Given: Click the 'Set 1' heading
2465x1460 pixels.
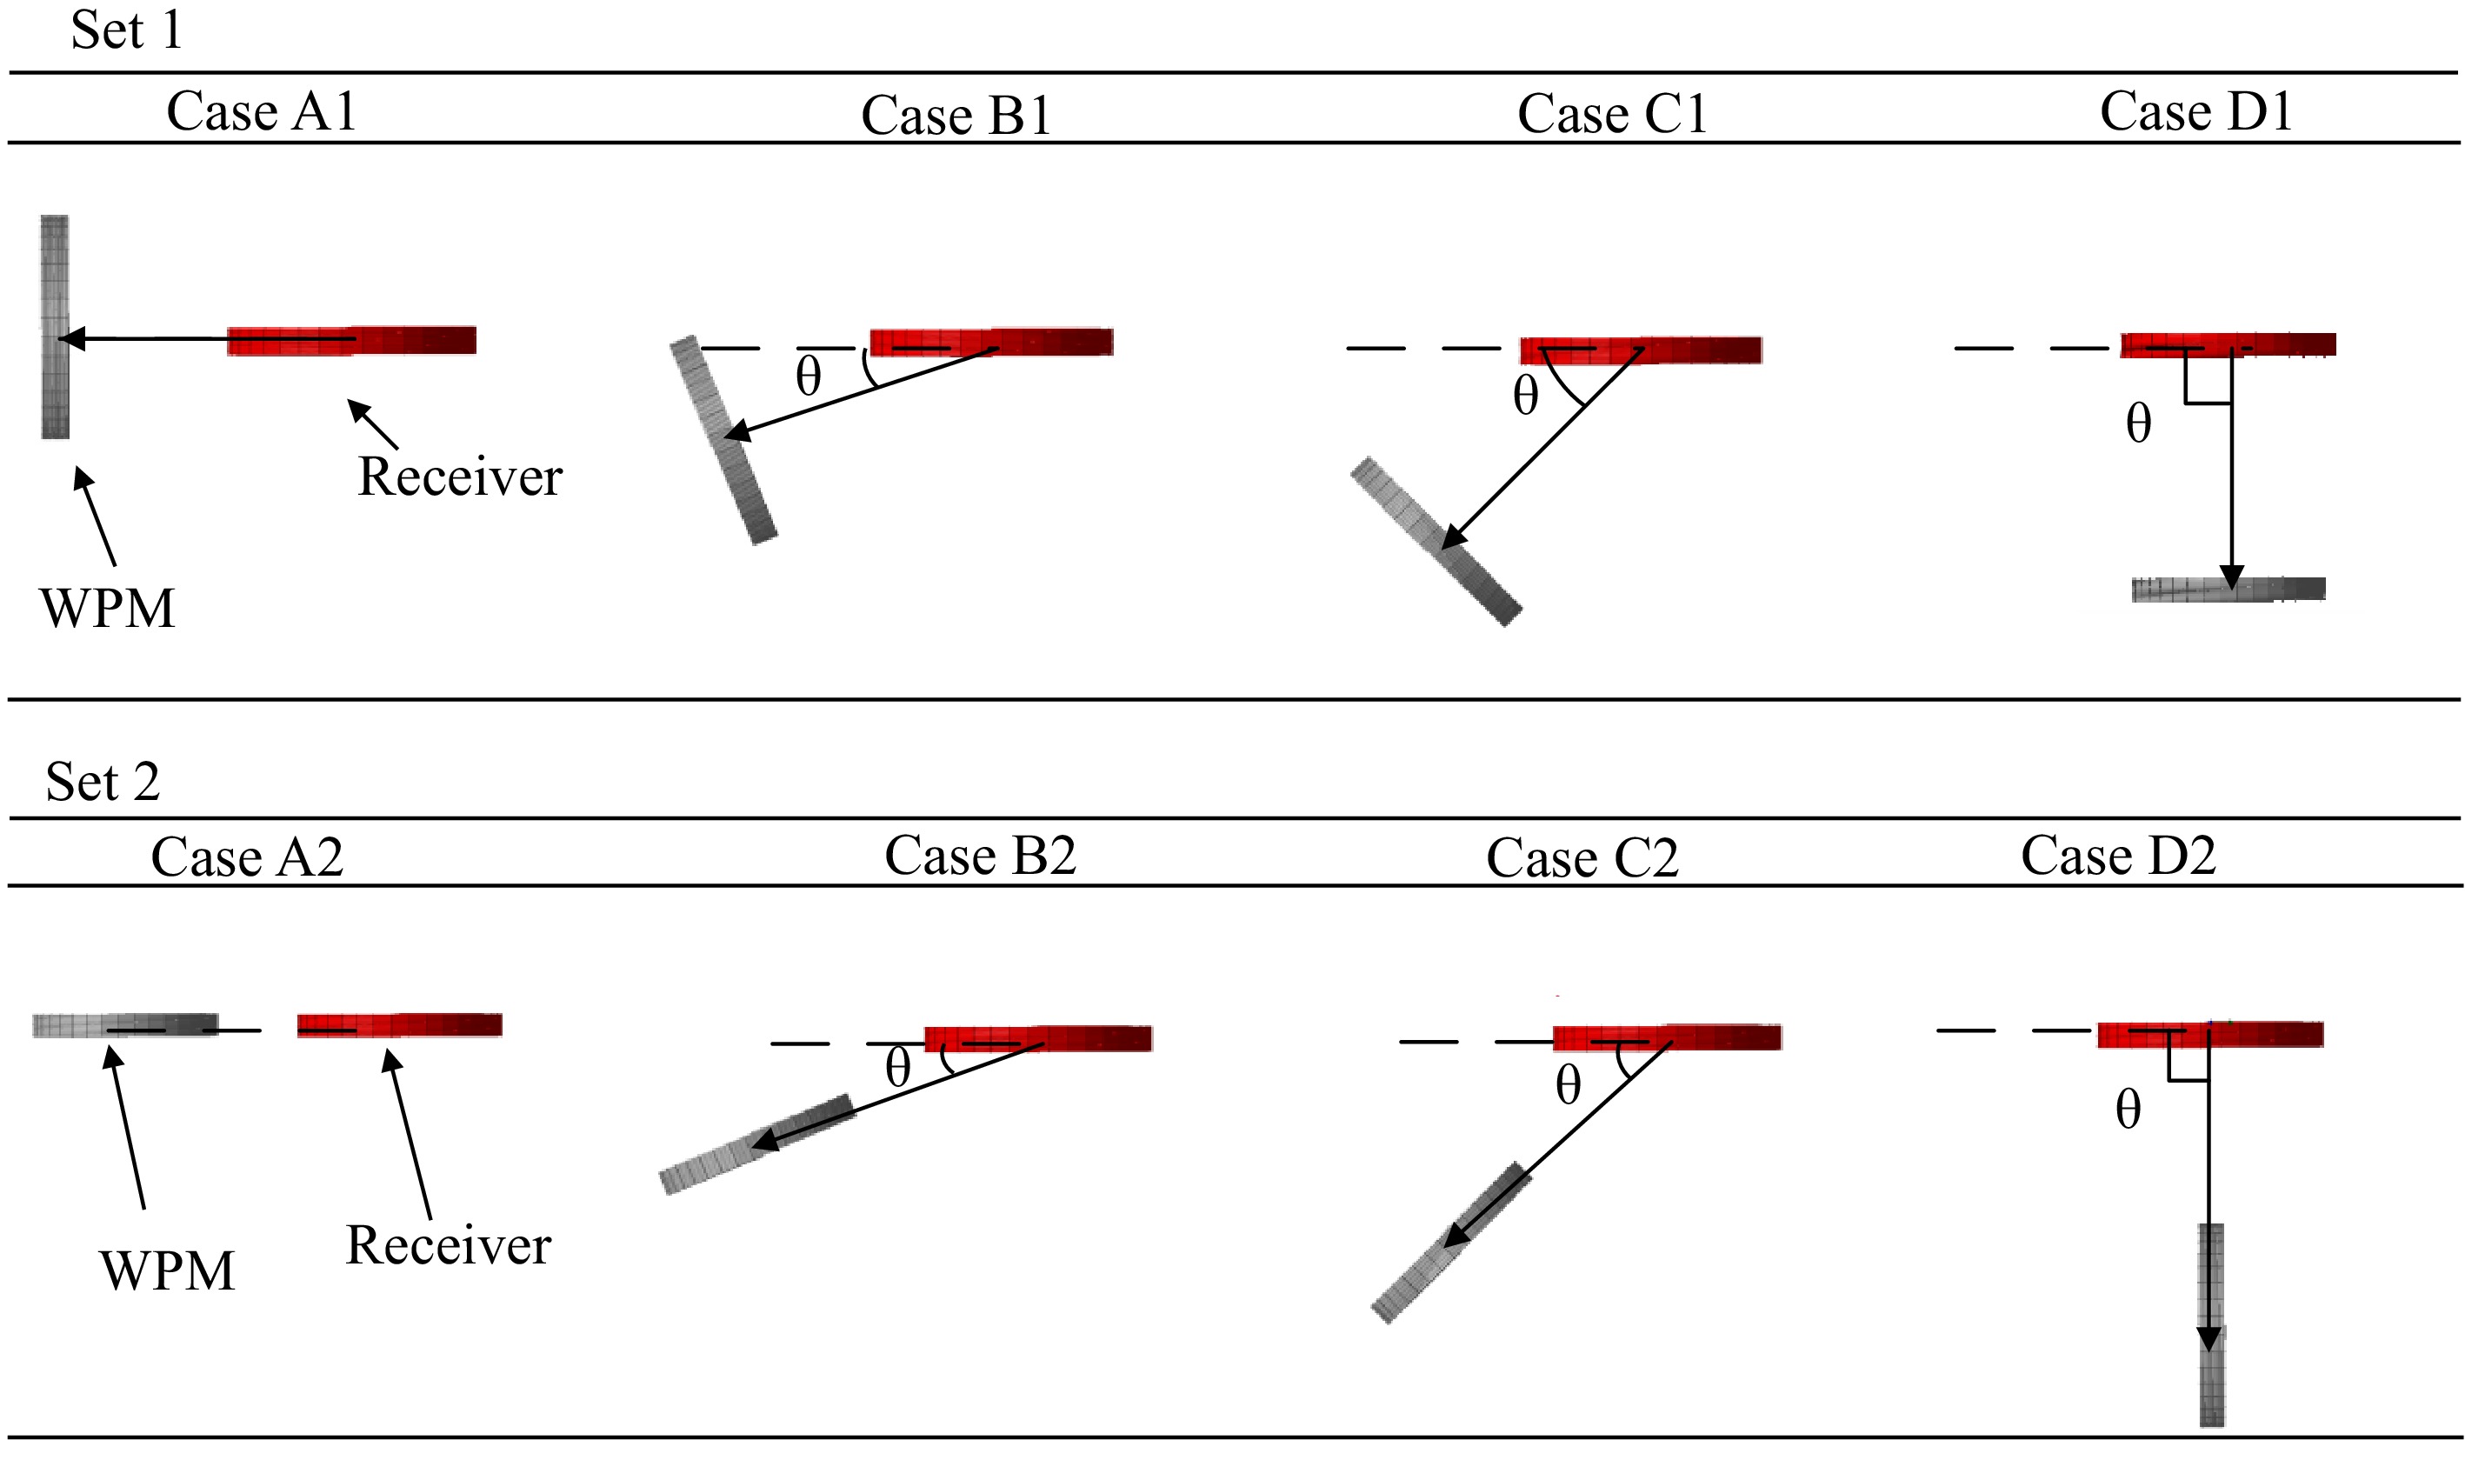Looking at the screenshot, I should [126, 30].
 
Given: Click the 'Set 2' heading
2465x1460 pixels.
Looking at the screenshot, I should [103, 782].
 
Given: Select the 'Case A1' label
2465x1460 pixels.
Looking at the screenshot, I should [261, 110].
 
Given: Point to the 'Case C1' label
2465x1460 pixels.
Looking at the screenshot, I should [1611, 113].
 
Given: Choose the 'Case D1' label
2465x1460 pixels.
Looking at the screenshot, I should [2195, 110].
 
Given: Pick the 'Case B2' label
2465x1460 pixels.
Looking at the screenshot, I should [980, 855].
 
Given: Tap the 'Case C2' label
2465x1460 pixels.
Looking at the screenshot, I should [1582, 858].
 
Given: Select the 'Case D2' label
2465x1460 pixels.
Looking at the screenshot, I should [2118, 855].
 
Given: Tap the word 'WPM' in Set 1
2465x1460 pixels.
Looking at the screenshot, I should [107, 608].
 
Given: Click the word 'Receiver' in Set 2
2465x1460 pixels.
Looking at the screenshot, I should [448, 1245].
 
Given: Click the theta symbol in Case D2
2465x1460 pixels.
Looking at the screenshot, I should [2128, 1110].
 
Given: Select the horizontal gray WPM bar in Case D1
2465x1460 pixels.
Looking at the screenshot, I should [2228, 590].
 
